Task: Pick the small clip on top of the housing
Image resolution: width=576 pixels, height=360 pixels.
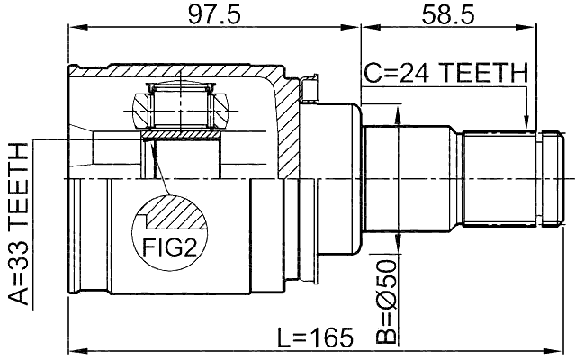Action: point(310,87)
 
